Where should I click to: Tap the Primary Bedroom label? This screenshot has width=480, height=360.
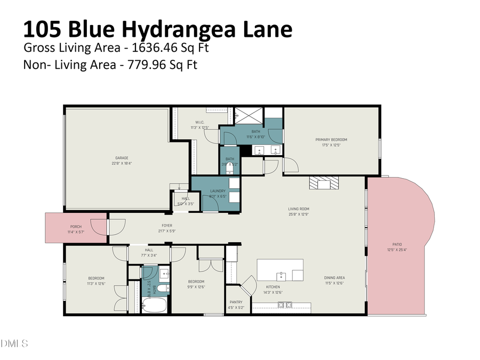click(x=335, y=140)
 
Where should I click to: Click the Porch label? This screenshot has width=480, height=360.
click(x=76, y=226)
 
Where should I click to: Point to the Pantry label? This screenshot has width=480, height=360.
click(x=236, y=302)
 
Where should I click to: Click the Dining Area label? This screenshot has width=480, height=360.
click(x=334, y=277)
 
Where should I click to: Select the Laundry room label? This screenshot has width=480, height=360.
click(x=218, y=191)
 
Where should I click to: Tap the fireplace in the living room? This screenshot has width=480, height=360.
click(x=323, y=184)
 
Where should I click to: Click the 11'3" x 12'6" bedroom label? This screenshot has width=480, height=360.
click(x=96, y=281)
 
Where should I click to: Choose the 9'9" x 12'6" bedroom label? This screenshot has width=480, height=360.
click(x=196, y=284)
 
